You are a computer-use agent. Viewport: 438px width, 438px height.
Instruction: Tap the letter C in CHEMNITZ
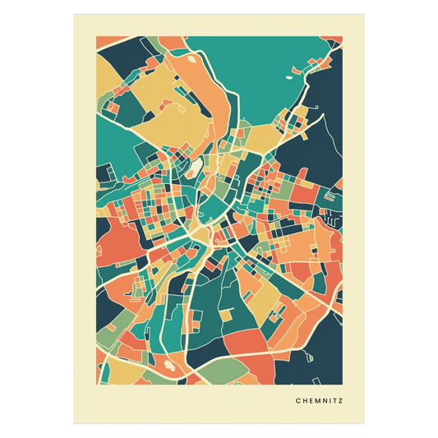[297, 401]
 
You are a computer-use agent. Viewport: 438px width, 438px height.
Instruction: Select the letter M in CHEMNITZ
[315, 401]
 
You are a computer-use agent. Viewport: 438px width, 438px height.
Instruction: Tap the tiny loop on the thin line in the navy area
[311, 356]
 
